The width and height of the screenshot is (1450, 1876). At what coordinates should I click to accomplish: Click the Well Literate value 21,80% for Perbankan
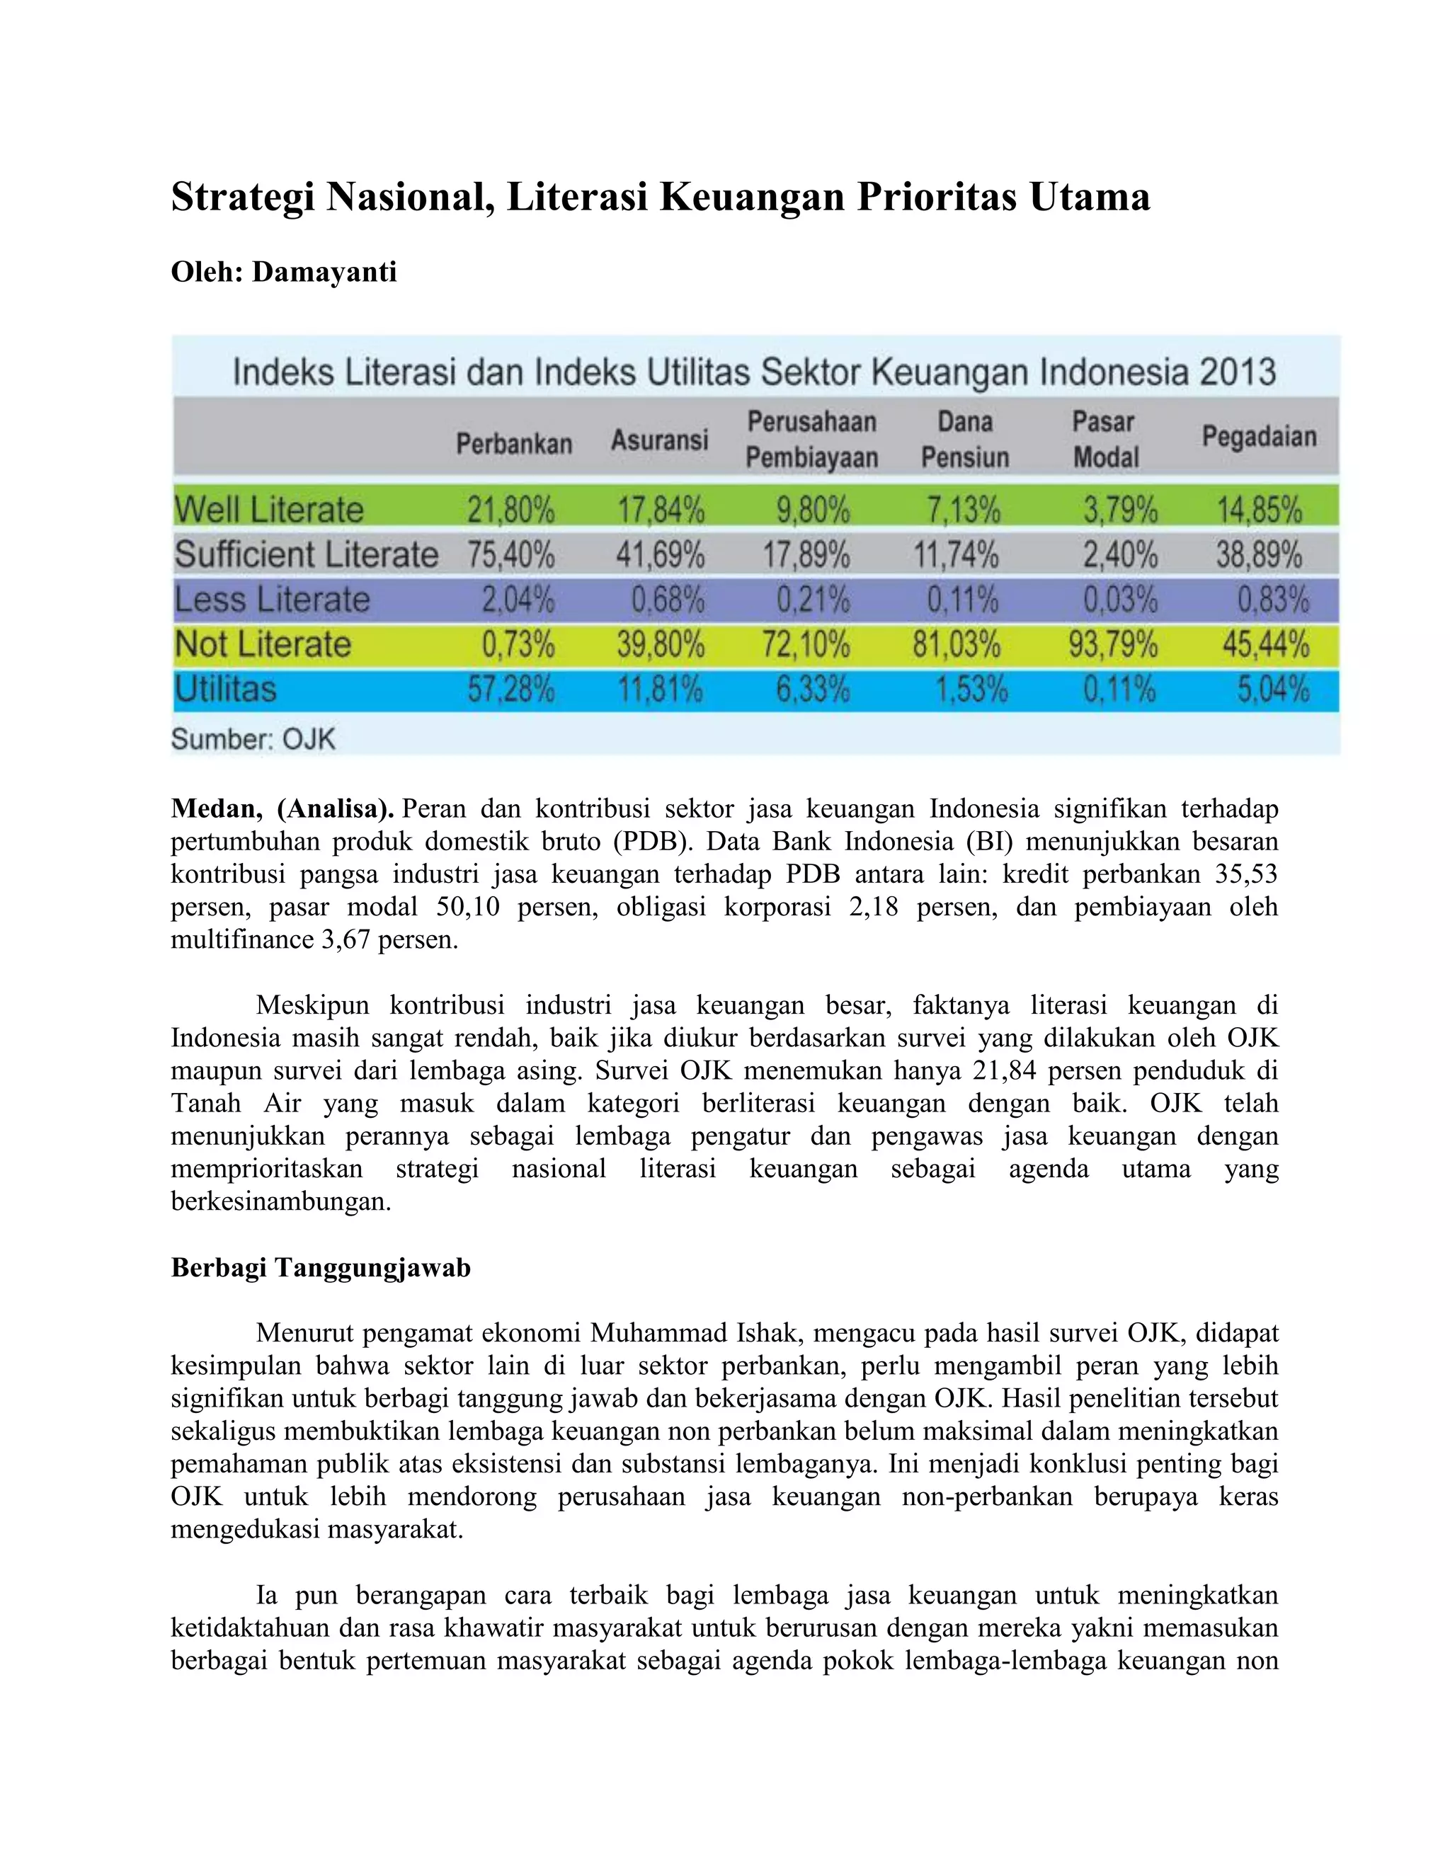tap(510, 510)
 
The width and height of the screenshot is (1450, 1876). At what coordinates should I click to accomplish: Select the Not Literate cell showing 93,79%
tap(1112, 644)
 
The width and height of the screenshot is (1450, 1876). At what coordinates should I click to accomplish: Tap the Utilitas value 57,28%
tap(510, 689)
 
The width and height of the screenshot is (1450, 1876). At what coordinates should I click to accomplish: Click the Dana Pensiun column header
tap(965, 439)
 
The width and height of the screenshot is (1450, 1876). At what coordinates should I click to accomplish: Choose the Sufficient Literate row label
tap(306, 555)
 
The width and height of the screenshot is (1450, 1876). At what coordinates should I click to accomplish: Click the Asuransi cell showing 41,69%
tap(660, 555)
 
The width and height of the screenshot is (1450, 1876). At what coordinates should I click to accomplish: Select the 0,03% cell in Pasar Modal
tap(1119, 600)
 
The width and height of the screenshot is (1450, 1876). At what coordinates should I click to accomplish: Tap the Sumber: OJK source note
tap(253, 738)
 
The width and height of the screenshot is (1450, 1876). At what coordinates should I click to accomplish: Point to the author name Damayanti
tap(324, 273)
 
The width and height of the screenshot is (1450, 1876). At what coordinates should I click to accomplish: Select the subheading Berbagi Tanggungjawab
tap(321, 1268)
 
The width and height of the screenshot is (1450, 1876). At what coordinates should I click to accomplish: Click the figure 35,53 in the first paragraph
tap(1246, 874)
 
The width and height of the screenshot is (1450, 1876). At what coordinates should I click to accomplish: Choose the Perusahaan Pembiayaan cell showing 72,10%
tap(805, 644)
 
